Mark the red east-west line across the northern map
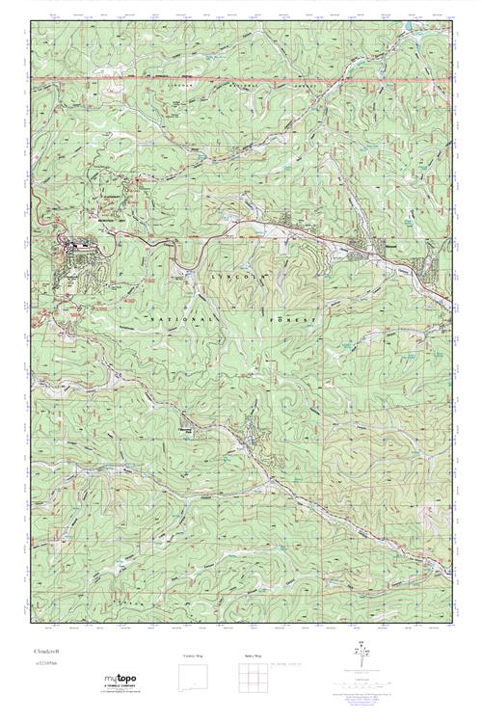241,76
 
